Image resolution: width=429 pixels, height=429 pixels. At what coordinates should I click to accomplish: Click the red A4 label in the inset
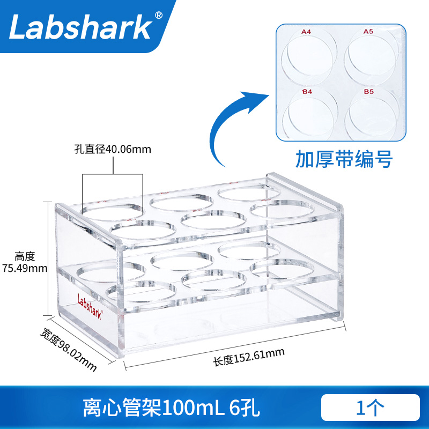pos(306,32)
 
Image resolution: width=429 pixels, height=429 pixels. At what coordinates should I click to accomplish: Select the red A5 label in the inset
pos(368,32)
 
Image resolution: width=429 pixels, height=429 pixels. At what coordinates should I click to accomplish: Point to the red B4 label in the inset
pos(307,92)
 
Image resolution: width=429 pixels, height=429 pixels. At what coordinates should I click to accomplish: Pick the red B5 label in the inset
pos(369,92)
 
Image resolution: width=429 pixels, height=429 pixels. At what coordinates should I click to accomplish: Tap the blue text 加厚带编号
pos(344,159)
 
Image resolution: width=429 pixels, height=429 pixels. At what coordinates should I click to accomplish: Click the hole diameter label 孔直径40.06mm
pos(113,150)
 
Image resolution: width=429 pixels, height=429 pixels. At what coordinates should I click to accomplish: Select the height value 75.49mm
pos(25,268)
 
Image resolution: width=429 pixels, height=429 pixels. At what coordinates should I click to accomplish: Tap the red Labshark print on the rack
pos(94,300)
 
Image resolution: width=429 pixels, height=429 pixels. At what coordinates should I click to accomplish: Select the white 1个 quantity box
pos(370,408)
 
